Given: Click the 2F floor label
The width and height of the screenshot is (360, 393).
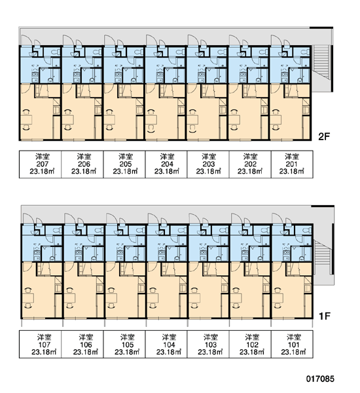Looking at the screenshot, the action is coord(324,137).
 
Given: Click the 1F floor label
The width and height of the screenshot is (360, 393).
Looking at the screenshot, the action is coord(325,316).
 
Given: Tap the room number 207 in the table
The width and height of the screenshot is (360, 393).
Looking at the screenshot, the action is coord(42,164).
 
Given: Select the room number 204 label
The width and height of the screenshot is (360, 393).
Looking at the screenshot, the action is coord(167,164).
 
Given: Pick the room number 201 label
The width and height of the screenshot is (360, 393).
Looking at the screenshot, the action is coord(292,164).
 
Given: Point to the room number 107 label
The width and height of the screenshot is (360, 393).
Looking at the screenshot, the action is coord(44,345).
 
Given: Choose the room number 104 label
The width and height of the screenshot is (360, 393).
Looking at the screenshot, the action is coord(169,345).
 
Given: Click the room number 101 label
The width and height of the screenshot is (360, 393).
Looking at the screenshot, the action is coord(294,345).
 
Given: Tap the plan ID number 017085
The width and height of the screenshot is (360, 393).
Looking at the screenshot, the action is coord(320,379).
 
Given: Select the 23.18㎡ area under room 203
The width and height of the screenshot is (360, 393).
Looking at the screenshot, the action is coord(208,172).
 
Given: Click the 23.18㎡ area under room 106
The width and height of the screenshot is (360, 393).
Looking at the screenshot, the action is coord(86,352).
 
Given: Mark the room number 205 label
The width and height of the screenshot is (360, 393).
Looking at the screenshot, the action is coord(126,164).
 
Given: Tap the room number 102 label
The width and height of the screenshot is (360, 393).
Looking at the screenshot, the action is coord(252,345).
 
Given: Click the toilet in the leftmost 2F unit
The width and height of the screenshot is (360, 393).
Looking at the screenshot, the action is coord(55,52).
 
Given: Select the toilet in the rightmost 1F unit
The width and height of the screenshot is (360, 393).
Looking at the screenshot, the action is coord(308,230).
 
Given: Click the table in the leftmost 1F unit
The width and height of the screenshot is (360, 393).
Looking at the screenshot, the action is coord(28,298).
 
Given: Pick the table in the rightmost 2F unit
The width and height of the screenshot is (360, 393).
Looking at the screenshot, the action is coord(276,120).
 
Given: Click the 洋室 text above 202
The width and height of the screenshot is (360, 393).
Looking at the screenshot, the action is coord(250,157).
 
